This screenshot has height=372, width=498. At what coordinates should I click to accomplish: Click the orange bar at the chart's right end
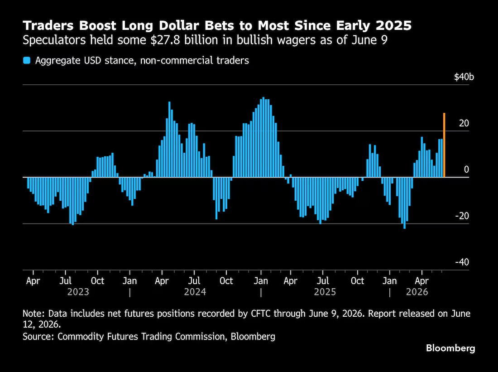[444, 145]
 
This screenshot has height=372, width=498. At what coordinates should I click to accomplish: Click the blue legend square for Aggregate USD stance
[27, 60]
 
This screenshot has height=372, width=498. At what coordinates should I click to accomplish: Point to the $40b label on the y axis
[464, 77]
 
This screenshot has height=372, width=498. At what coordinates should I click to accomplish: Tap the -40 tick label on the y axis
[462, 262]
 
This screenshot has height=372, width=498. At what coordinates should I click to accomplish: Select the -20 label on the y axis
[462, 216]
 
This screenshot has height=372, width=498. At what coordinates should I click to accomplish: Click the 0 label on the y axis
[466, 170]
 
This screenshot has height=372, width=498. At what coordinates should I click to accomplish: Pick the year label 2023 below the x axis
[78, 292]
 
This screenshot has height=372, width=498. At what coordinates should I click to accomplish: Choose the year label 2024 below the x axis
[195, 292]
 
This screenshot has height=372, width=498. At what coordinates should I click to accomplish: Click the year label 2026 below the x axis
[417, 292]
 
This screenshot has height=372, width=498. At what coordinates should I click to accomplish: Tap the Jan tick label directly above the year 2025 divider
[261, 281]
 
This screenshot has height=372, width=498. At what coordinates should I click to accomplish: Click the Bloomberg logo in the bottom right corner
[450, 348]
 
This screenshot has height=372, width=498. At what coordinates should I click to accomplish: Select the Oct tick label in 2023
[97, 281]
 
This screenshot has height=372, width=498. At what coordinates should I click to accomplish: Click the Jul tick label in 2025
[323, 281]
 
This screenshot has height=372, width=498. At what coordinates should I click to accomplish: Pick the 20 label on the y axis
[464, 123]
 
